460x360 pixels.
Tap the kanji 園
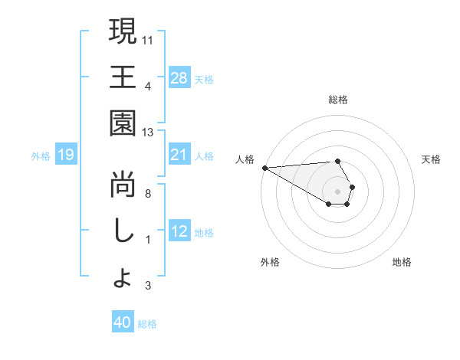click(123, 124)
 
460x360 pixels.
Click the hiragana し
click(123, 231)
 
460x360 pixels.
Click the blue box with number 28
click(179, 77)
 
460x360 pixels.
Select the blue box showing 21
click(179, 155)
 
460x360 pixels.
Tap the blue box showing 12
click(179, 231)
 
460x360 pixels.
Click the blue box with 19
click(65, 155)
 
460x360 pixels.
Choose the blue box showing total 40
click(123, 322)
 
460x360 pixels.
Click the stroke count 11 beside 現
click(148, 38)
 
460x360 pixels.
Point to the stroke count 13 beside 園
click(148, 132)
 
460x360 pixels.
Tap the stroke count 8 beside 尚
click(148, 193)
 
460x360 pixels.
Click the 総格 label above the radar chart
click(338, 100)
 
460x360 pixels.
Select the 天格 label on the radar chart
click(432, 159)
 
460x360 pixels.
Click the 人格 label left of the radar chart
click(245, 159)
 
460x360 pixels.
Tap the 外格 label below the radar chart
click(269, 262)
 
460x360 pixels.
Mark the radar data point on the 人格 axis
click(264, 168)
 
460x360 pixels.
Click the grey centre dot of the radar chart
click(338, 191)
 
